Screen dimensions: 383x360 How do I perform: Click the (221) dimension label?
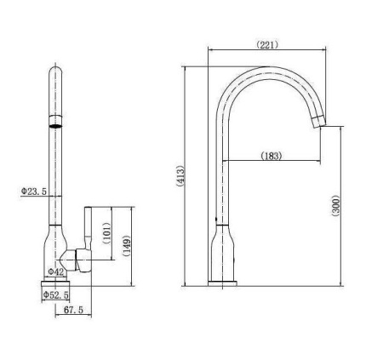pos(267,45)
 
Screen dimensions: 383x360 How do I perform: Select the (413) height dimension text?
pos(180,176)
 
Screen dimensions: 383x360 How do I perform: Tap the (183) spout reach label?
pos(272,156)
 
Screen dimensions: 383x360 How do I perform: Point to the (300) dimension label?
pos(336,206)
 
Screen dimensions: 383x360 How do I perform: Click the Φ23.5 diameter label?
pos(34,191)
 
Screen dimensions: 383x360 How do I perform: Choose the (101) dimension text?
pos(106,233)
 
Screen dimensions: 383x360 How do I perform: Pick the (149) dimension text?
pos(127,246)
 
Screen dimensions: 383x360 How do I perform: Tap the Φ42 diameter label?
pos(55,271)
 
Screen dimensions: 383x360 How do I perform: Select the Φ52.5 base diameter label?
pos(55,295)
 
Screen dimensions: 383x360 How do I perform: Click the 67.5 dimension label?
pos(73,310)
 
